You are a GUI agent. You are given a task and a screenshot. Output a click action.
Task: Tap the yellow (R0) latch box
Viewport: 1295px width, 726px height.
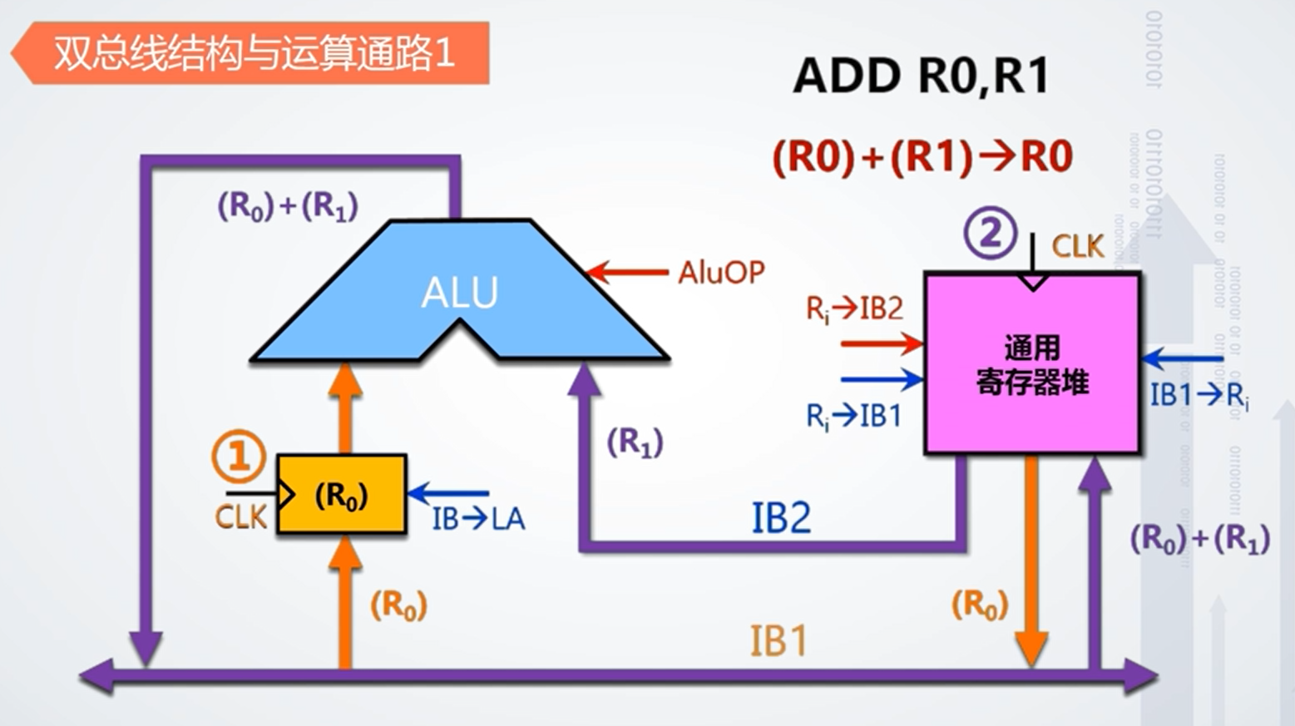click(341, 495)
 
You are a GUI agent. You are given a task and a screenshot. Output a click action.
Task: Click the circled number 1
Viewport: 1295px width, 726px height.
click(239, 457)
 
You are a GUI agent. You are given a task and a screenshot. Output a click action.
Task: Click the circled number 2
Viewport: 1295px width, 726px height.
click(990, 233)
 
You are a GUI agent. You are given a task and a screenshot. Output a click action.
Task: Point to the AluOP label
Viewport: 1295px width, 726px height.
click(721, 272)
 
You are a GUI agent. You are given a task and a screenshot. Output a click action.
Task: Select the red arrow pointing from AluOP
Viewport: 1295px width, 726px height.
click(628, 272)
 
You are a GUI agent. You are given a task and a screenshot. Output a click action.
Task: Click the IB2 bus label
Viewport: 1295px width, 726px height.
click(780, 518)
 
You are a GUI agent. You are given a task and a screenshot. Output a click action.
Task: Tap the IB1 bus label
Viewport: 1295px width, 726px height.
click(778, 641)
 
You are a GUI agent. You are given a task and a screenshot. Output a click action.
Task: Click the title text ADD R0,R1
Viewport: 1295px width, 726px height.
click(921, 77)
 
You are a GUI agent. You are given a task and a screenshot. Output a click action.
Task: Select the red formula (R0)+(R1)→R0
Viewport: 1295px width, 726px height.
click(922, 156)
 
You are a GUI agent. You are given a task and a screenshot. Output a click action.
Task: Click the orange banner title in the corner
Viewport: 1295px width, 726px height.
click(254, 53)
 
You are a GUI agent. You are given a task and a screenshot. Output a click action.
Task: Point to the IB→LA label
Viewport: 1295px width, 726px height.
click(478, 519)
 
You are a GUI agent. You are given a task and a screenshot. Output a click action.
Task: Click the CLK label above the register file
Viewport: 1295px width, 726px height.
click(1077, 246)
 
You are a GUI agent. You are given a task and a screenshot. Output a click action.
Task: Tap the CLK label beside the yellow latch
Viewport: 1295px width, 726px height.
click(240, 517)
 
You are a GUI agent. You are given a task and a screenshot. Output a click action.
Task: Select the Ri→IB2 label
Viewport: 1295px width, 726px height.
click(854, 309)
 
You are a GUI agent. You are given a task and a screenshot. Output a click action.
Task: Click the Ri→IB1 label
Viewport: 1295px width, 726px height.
click(854, 415)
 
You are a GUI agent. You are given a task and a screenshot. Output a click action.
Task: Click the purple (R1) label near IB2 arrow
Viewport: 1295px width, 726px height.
click(635, 442)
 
